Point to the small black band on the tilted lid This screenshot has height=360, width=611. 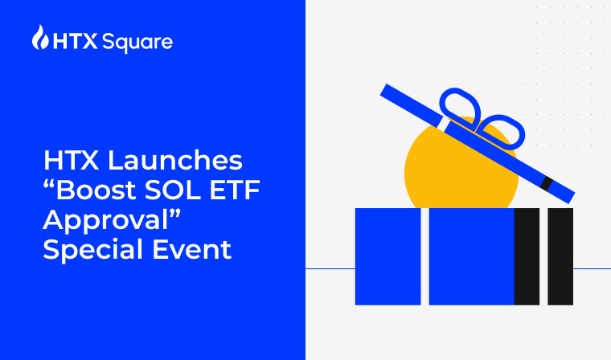(547, 184)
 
